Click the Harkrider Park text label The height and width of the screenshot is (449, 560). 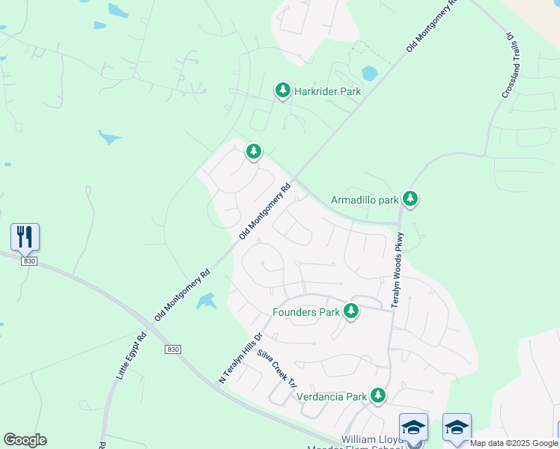coord(327,91)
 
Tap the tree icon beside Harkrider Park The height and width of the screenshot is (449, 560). coord(282,91)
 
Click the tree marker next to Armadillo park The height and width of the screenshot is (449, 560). coord(410,198)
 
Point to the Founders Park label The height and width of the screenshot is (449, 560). coord(305,312)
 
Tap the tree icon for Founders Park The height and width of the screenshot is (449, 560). coord(350,311)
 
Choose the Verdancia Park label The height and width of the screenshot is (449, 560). coord(332,397)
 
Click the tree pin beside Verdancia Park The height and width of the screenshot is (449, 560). coord(379,394)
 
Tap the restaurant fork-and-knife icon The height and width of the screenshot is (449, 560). coord(25,236)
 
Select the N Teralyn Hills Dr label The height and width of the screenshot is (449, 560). coord(240,358)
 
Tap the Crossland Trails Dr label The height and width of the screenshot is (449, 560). coord(507,64)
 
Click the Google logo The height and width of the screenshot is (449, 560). coord(25,440)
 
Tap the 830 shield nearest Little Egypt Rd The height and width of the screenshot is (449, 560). coord(173,349)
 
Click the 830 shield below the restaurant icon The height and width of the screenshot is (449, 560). coord(28,261)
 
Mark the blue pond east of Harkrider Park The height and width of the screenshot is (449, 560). coord(369,74)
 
